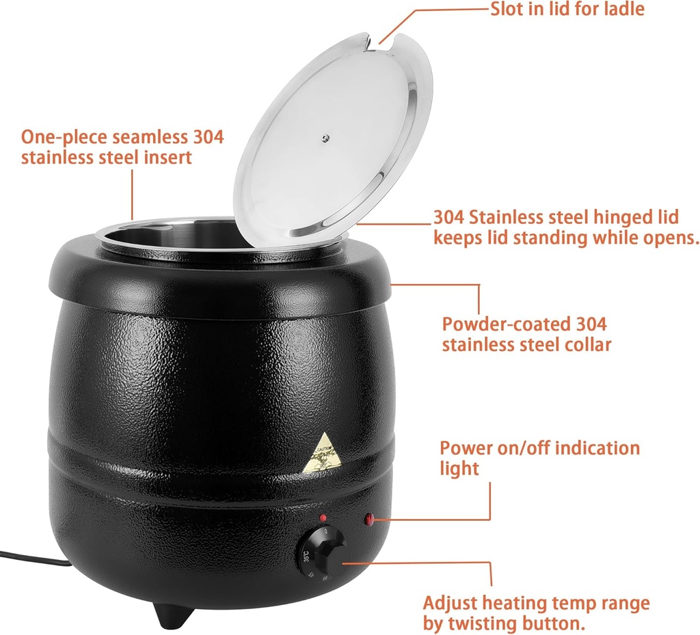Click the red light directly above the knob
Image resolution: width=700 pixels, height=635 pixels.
point(321,517)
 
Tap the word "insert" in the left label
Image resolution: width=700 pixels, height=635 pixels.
point(166,157)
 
